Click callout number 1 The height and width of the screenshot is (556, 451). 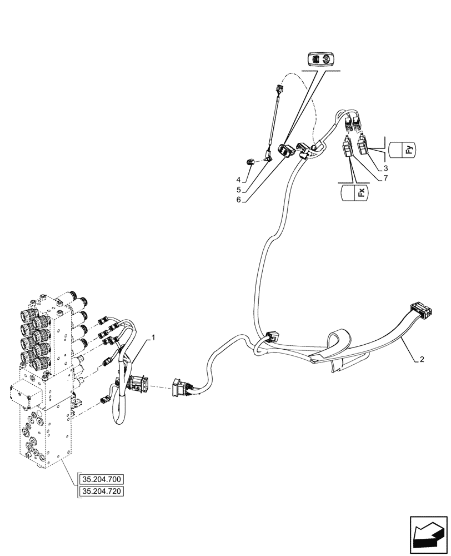pyautogui.click(x=154, y=337)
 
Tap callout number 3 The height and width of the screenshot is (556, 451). pyautogui.click(x=385, y=167)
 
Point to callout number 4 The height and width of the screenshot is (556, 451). pyautogui.click(x=238, y=180)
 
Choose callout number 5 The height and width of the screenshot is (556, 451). pyautogui.click(x=238, y=189)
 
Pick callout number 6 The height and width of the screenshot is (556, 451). pyautogui.click(x=238, y=200)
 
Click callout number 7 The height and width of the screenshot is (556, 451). pyautogui.click(x=385, y=178)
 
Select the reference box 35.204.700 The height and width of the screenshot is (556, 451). pyautogui.click(x=103, y=479)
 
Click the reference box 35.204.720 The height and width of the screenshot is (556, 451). pyautogui.click(x=103, y=491)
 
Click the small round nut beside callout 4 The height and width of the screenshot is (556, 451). pyautogui.click(x=250, y=161)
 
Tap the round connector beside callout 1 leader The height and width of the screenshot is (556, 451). pyautogui.click(x=136, y=384)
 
